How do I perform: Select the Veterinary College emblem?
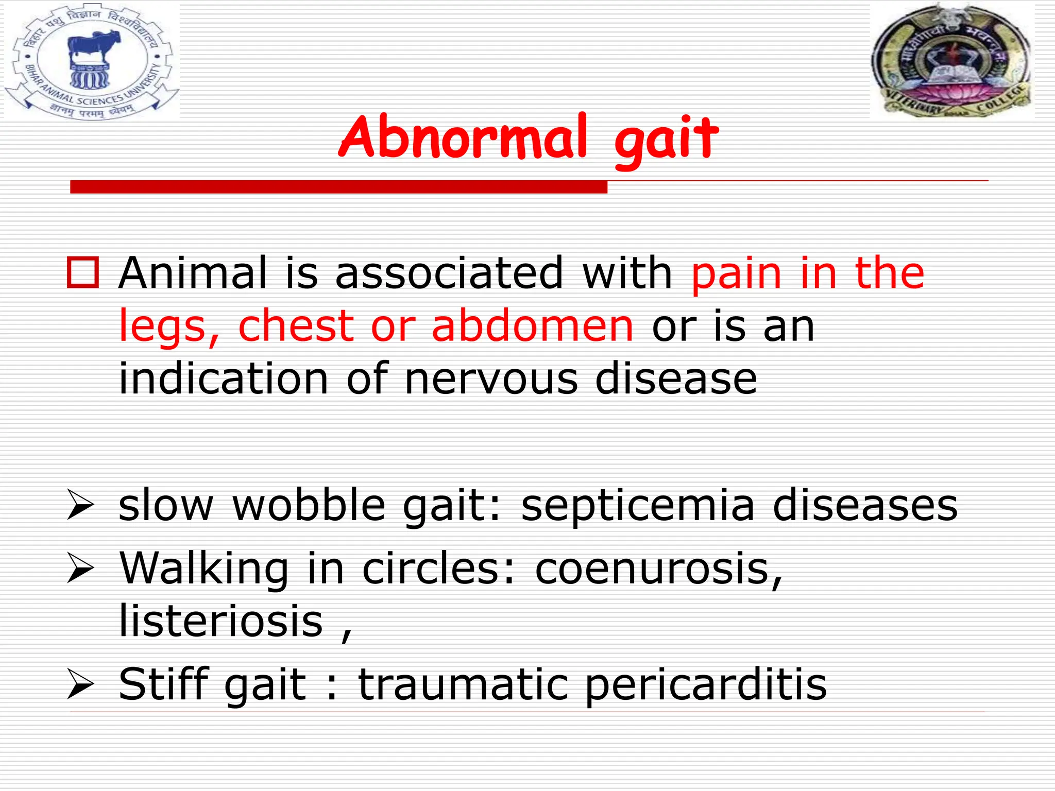pos(952,61)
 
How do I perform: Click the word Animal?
pos(193,273)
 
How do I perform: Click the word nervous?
pos(491,379)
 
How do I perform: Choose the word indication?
pos(223,379)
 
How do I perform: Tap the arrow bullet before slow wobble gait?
pos(81,505)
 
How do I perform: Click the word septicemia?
pos(638,506)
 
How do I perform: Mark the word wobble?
pos(309,505)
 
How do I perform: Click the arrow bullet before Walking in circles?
pos(81,570)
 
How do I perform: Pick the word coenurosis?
pos(658,570)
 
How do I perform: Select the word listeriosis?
pos(220,622)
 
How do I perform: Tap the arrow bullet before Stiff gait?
pos(81,685)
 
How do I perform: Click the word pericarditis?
pos(706,685)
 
